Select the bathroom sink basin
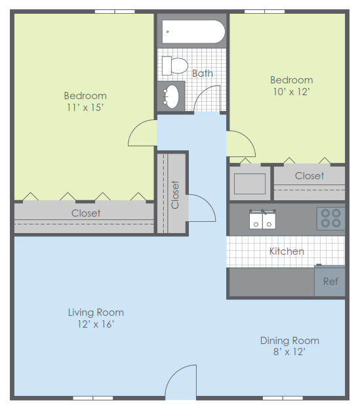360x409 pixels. pyautogui.click(x=171, y=97)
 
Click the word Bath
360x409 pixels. pyautogui.click(x=203, y=74)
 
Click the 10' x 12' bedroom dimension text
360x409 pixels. pyautogui.click(x=291, y=92)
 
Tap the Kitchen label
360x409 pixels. pyautogui.click(x=287, y=251)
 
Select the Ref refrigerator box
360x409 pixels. pyautogui.click(x=330, y=281)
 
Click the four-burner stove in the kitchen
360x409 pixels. pyautogui.click(x=330, y=218)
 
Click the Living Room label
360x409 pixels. pyautogui.click(x=96, y=312)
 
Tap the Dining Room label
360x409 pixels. pyautogui.click(x=289, y=340)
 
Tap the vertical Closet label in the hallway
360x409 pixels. pyautogui.click(x=175, y=194)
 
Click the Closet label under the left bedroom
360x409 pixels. pyautogui.click(x=86, y=213)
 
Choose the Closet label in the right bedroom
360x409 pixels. pyautogui.click(x=309, y=176)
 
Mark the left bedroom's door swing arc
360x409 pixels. pyautogui.click(x=140, y=134)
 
